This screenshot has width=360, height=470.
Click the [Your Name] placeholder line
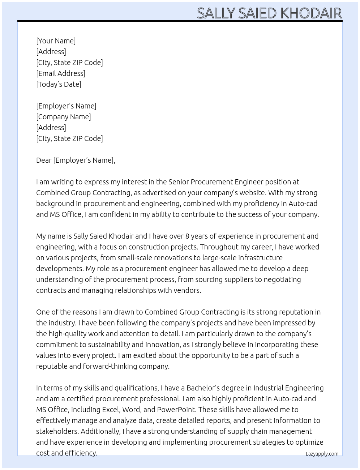pyautogui.click(x=56, y=41)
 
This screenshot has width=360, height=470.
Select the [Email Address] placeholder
pyautogui.click(x=61, y=73)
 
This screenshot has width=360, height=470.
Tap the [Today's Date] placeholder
pyautogui.click(x=59, y=84)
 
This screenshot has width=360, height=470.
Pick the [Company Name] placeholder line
pyautogui.click(x=63, y=117)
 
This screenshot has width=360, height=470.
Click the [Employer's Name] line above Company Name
pyautogui.click(x=66, y=106)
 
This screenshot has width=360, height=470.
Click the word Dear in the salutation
pyautogui.click(x=44, y=160)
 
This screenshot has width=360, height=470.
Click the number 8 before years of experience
pyautogui.click(x=187, y=236)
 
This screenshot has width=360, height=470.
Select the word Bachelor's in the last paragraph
pyautogui.click(x=203, y=388)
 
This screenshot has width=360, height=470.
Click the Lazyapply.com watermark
pyautogui.click(x=322, y=454)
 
